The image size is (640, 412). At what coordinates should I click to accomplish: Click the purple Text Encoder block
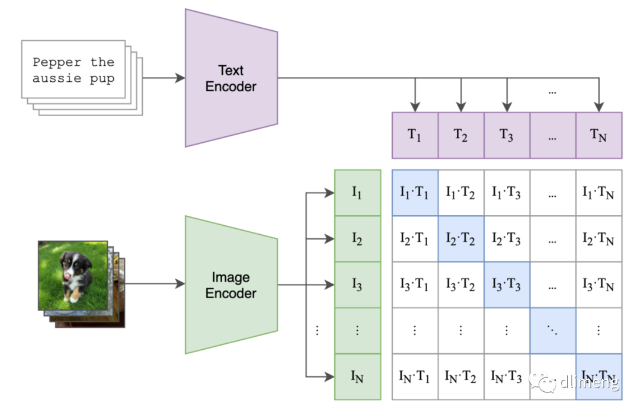231,78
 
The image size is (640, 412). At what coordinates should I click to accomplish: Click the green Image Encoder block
231,285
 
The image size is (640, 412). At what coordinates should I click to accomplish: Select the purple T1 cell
415,135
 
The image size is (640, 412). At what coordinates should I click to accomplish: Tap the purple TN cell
599,135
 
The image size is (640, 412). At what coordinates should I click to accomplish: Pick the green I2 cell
357,239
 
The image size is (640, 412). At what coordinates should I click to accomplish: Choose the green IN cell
357,377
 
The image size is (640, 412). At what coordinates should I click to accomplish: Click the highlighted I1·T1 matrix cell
415,193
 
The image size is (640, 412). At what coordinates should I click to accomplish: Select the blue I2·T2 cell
461,239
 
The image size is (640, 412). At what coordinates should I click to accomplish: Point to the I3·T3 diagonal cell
507,285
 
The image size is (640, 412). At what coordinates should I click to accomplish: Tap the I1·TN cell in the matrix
599,193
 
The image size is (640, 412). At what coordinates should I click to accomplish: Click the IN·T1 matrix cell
415,377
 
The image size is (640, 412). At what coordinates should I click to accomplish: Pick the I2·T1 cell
415,239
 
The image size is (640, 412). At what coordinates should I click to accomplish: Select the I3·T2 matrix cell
461,285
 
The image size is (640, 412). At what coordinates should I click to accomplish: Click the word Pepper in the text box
57,62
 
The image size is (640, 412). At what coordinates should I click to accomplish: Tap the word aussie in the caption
57,78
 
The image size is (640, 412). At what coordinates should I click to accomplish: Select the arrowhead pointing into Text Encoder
180,78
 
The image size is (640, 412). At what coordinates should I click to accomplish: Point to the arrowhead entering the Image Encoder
180,284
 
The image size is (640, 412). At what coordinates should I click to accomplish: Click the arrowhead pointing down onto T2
461,107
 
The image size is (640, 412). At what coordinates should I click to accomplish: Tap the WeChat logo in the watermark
542,381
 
